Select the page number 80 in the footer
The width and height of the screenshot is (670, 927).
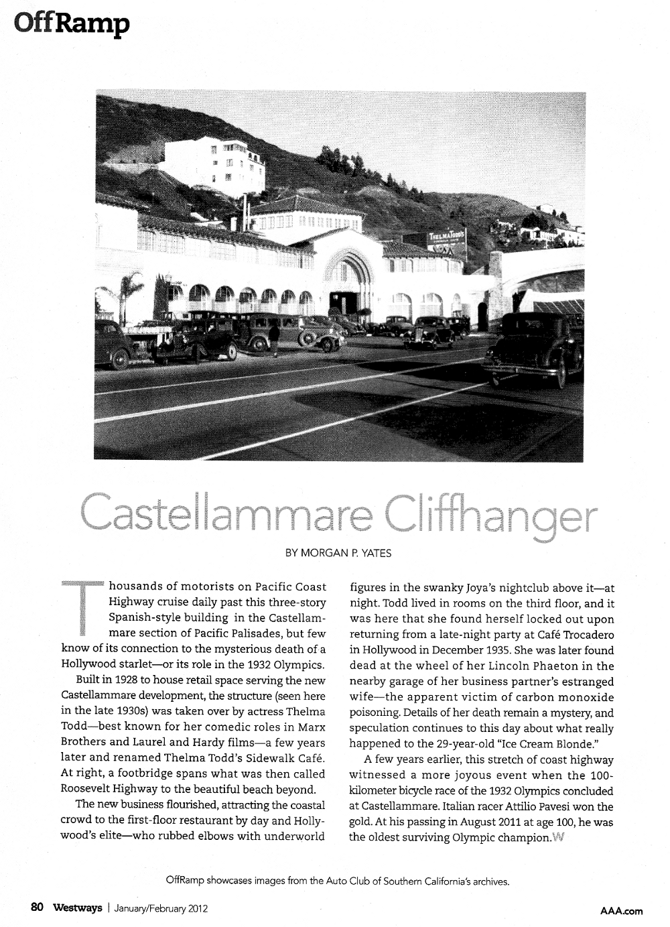[x=37, y=908]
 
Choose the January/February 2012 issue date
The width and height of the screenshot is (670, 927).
[x=161, y=909]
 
